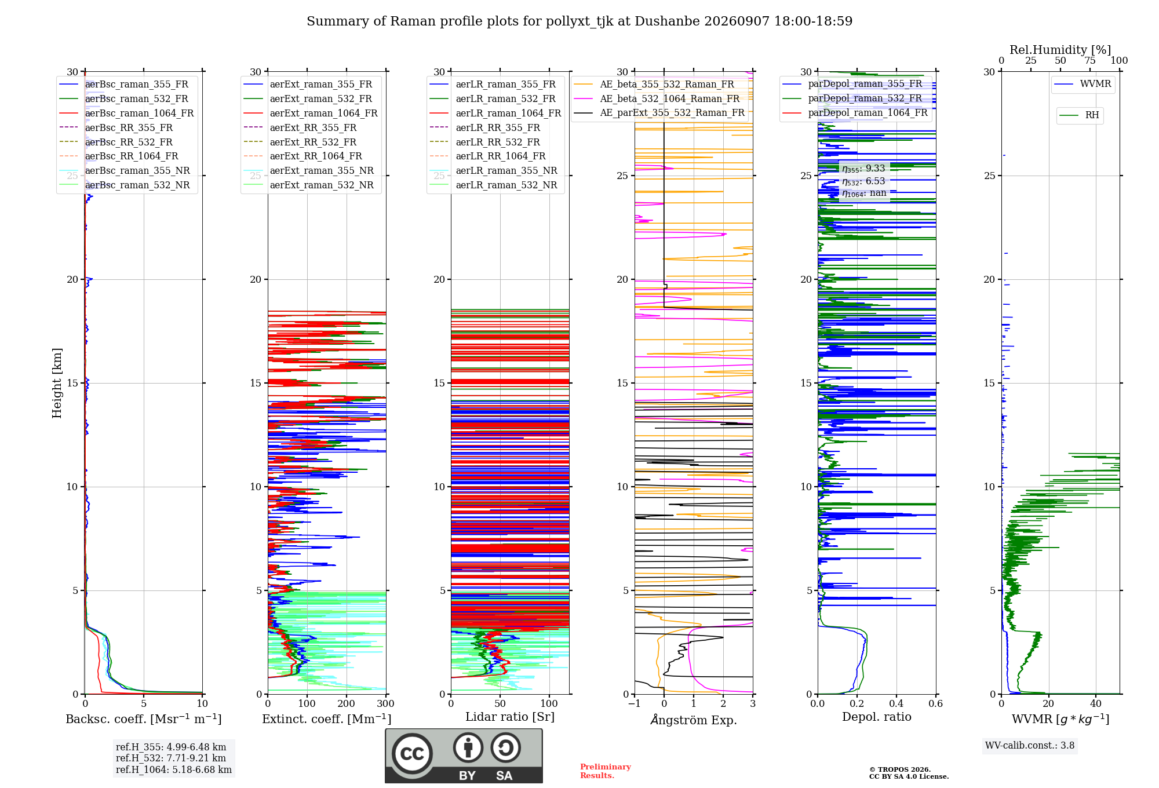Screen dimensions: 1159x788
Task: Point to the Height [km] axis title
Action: point(57,383)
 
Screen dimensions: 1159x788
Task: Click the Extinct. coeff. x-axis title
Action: point(327,719)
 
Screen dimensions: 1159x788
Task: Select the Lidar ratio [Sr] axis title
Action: point(510,717)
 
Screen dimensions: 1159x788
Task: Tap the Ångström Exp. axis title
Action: point(694,720)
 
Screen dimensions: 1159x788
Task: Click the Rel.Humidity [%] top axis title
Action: point(1060,50)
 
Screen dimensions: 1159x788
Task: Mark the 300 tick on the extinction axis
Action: point(386,703)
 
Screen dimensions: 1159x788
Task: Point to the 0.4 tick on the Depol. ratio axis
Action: point(896,703)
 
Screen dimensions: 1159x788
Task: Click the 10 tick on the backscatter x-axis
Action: point(202,703)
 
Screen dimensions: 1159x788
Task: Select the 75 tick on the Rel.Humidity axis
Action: point(1090,60)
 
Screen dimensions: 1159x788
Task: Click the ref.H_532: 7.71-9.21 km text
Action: point(171,758)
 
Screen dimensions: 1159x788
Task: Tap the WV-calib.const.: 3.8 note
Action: point(1030,745)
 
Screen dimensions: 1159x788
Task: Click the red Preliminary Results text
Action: point(606,771)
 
